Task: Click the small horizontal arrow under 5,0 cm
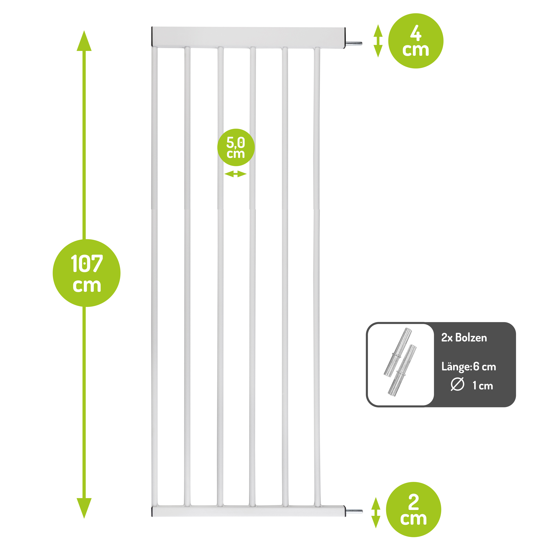click(235, 174)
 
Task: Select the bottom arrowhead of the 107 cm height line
click(84, 508)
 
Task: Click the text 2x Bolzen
click(464, 338)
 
